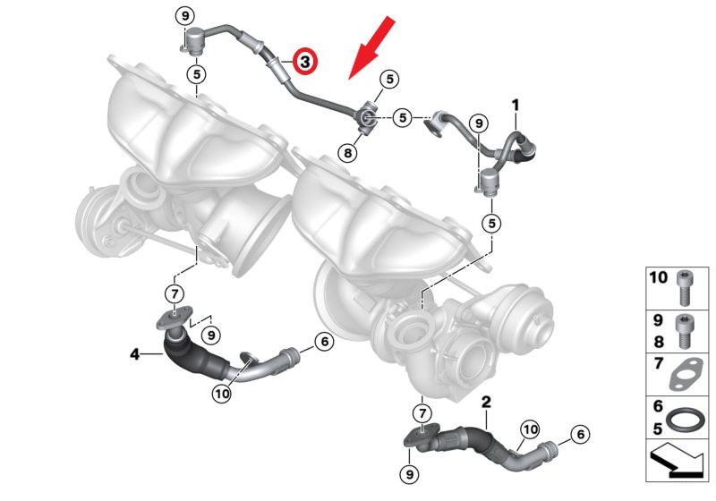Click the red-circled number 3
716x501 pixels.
tap(304, 61)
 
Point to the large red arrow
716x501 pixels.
tap(371, 47)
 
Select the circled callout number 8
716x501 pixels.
tap(348, 152)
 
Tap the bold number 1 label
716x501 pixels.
tap(516, 106)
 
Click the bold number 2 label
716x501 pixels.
tap(486, 402)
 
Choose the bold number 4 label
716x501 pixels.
tap(135, 353)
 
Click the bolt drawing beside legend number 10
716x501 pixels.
tap(684, 287)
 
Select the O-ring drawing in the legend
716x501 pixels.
tap(685, 420)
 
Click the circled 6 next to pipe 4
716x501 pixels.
tap(325, 341)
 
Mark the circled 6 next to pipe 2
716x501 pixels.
tap(580, 434)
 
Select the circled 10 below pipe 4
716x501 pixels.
tap(222, 393)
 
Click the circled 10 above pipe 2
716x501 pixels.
tap(530, 429)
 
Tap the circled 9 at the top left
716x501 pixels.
tap(185, 16)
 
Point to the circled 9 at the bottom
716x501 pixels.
tap(409, 474)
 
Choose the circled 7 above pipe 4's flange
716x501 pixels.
tap(175, 293)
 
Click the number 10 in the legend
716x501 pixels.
tap(659, 277)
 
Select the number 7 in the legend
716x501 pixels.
tap(658, 363)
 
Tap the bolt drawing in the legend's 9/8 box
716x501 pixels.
tap(684, 331)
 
